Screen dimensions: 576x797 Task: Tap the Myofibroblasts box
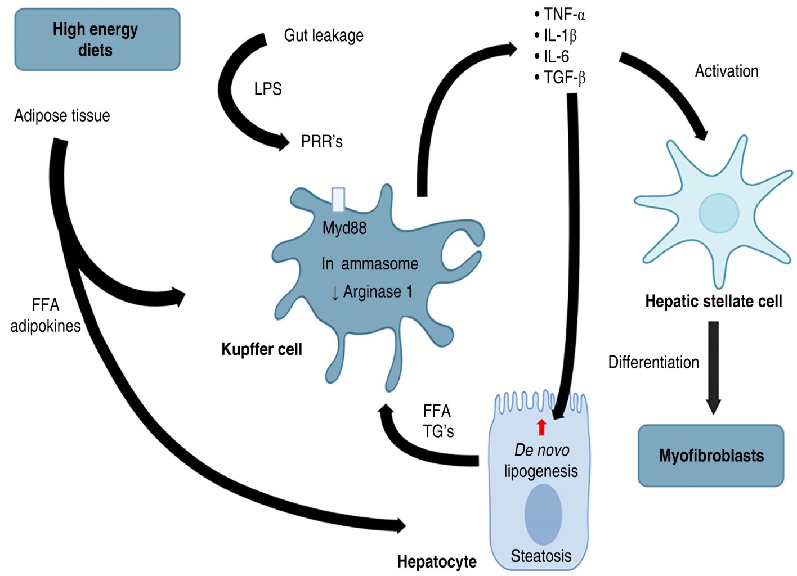pos(711,455)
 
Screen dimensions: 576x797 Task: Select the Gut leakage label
pos(324,35)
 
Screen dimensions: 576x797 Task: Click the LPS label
pos(268,89)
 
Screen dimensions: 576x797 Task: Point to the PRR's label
pos(321,141)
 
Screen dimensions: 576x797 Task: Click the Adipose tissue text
pos(62,115)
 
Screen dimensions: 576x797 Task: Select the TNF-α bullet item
pos(563,15)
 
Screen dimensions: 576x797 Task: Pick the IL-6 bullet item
pos(556,56)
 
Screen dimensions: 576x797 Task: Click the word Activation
pos(726,71)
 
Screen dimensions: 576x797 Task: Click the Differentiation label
pos(653,362)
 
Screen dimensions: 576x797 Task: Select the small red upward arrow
pos(541,427)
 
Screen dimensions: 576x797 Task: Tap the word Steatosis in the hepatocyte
pos(541,556)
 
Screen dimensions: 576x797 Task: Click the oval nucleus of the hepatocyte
pos(543,514)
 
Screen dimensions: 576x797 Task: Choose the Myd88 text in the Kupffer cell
pos(344,228)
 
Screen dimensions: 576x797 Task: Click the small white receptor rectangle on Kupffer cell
pos(338,199)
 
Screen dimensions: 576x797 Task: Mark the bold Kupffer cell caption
pos(262,349)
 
